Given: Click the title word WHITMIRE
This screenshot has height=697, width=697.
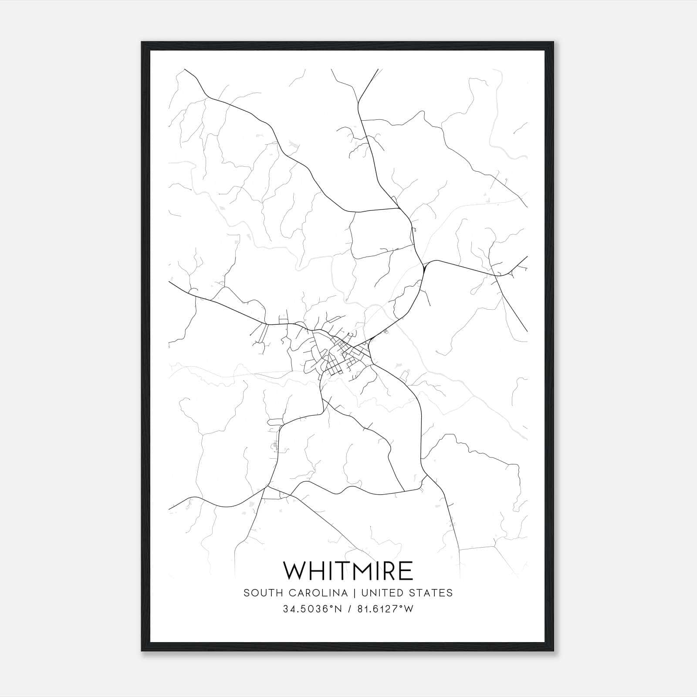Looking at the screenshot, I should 348,570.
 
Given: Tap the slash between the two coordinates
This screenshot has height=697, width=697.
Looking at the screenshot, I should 348,609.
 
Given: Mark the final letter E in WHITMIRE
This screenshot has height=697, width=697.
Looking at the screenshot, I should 406,570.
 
